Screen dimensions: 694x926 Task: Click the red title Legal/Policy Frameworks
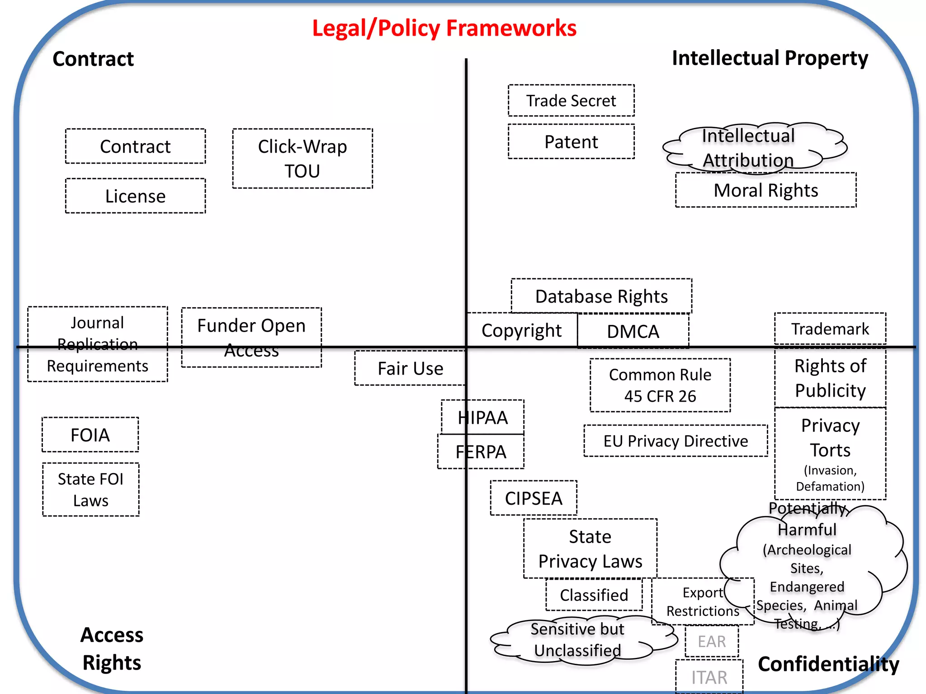pos(444,28)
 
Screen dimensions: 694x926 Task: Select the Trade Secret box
pos(571,100)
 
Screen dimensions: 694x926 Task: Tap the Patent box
pos(571,142)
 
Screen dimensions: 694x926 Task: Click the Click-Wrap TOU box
pos(302,159)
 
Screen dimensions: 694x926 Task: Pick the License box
pos(135,196)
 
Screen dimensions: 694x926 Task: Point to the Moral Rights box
pos(765,190)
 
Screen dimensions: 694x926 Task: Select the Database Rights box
pos(601,296)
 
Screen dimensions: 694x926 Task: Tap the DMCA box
pos(633,331)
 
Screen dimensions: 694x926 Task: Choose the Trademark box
pos(830,329)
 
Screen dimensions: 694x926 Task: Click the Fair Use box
pos(410,368)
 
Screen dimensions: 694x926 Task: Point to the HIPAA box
pos(482,417)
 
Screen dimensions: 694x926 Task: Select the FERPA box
pos(481,452)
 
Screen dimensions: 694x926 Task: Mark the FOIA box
pos(90,435)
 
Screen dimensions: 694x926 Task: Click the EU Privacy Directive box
pos(676,441)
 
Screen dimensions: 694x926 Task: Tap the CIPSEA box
pos(534,498)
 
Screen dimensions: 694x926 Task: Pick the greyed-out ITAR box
pos(709,677)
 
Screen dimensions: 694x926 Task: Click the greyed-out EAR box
pos(712,642)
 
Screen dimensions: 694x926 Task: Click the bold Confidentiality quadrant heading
pos(828,664)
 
